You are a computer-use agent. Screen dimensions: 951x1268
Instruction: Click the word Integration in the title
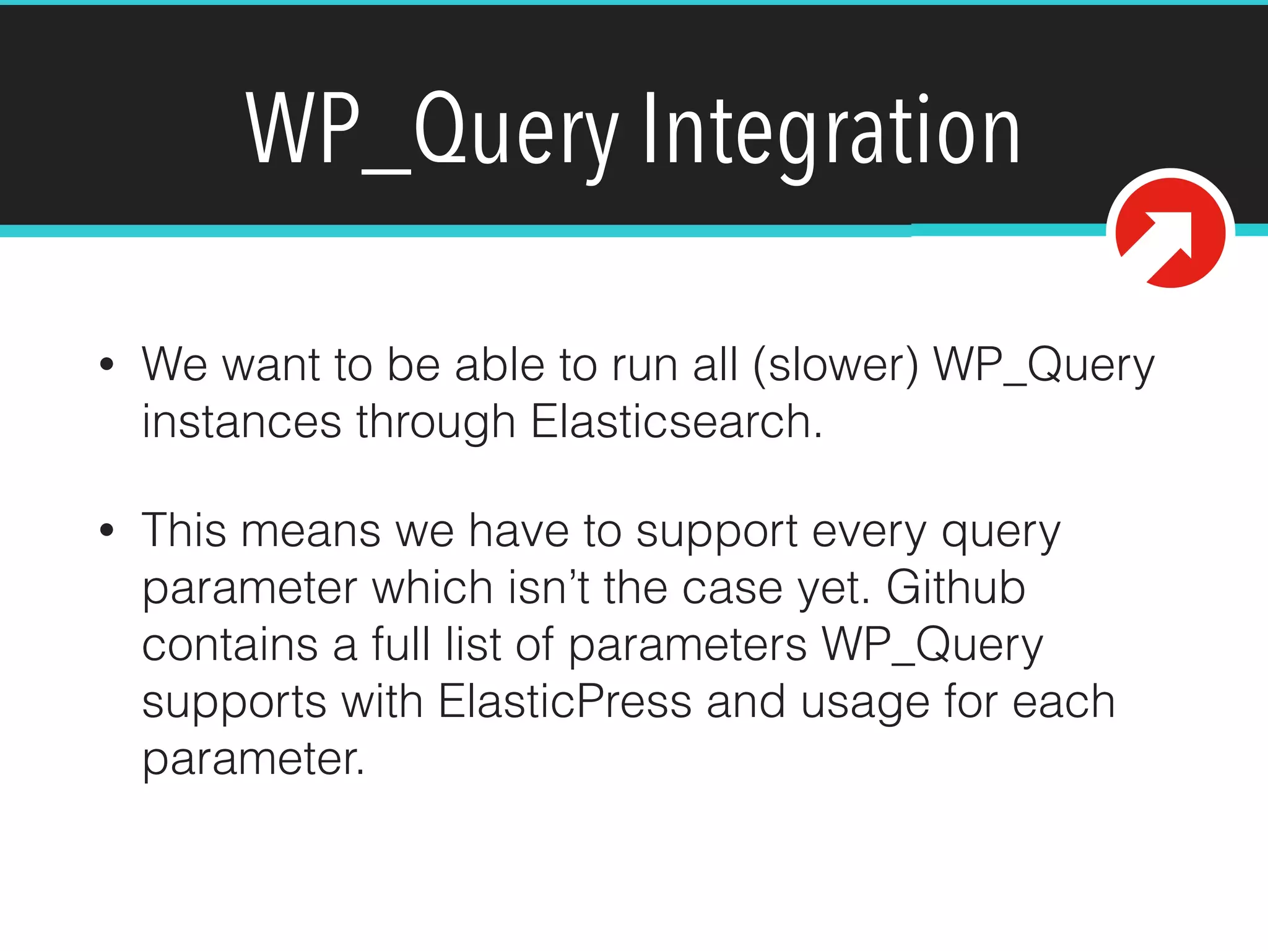pyautogui.click(x=831, y=131)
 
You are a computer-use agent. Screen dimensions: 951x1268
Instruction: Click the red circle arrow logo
pyautogui.click(x=1170, y=233)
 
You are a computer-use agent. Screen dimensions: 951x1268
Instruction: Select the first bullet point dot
pyautogui.click(x=107, y=364)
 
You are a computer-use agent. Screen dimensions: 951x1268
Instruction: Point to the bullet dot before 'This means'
pyautogui.click(x=107, y=531)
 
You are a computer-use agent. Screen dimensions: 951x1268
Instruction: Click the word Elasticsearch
pyautogui.click(x=676, y=422)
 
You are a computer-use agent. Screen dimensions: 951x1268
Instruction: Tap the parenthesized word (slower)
pyautogui.click(x=836, y=365)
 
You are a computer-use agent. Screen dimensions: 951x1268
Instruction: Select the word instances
pyautogui.click(x=241, y=422)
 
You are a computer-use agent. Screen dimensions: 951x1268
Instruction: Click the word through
pyautogui.click(x=436, y=422)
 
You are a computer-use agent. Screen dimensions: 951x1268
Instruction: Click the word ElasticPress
pyautogui.click(x=565, y=701)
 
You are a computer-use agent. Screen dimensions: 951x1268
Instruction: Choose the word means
pyautogui.click(x=310, y=532)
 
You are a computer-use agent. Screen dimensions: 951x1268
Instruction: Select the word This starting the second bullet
pyautogui.click(x=184, y=531)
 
